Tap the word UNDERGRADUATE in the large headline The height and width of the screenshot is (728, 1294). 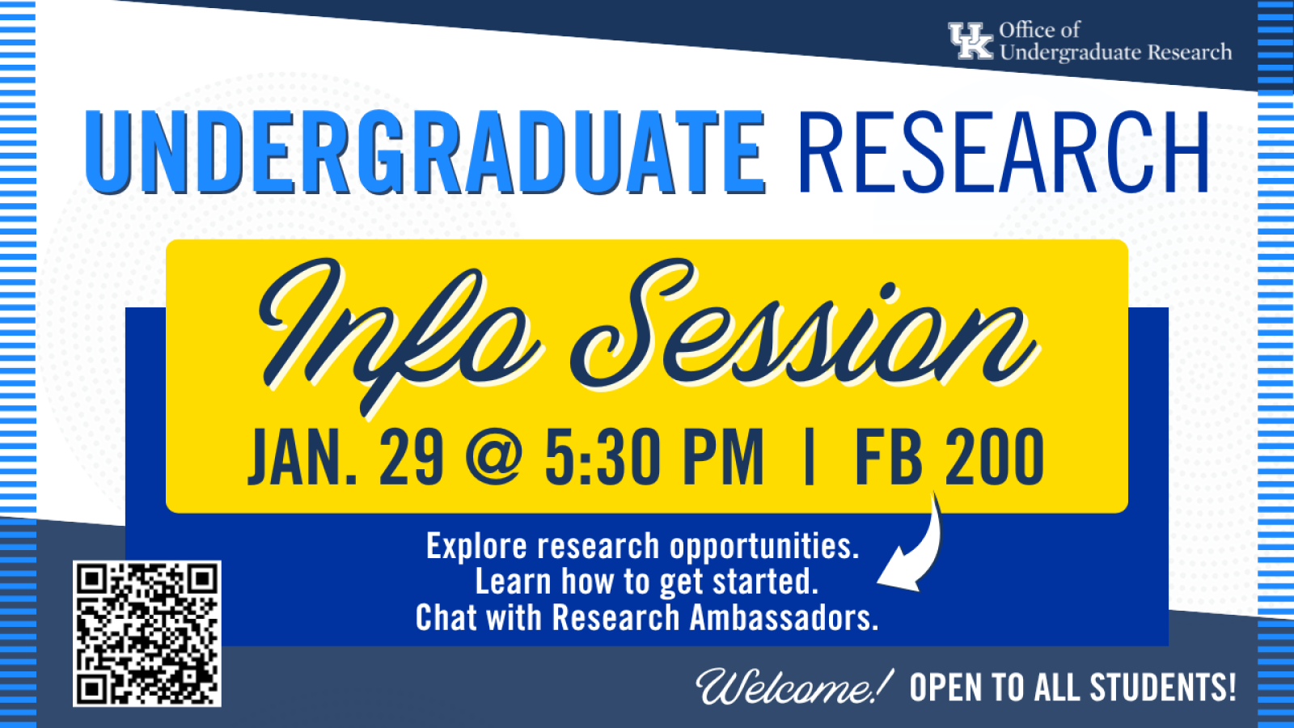(x=425, y=152)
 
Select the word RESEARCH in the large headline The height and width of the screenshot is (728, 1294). (x=1004, y=150)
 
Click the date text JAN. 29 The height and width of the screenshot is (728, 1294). (x=346, y=457)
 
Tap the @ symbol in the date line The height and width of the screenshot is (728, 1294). (x=494, y=458)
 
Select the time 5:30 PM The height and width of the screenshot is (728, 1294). (x=654, y=457)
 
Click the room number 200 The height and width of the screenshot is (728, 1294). (x=994, y=457)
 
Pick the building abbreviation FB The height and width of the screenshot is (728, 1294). (x=889, y=457)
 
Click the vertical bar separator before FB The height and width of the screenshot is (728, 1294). (x=810, y=457)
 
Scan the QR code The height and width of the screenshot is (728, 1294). (x=146, y=633)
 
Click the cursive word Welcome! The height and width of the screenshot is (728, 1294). (x=794, y=686)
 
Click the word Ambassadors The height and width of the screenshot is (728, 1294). (x=784, y=618)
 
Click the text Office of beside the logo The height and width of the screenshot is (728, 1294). (x=1039, y=29)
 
